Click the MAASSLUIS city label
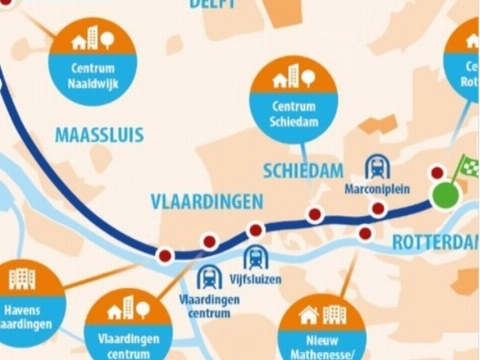pyautogui.click(x=99, y=134)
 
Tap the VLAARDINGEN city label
pyautogui.click(x=206, y=201)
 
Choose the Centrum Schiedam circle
pyautogui.click(x=295, y=96)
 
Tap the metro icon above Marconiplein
pyautogui.click(x=378, y=166)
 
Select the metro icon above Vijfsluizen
pyautogui.click(x=254, y=257)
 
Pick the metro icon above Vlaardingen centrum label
pyautogui.click(x=210, y=277)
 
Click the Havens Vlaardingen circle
pyautogui.click(x=21, y=300)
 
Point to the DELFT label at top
pyautogui.click(x=212, y=5)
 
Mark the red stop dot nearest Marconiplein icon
pyautogui.click(x=378, y=208)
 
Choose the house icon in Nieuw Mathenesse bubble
pyautogui.click(x=309, y=315)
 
